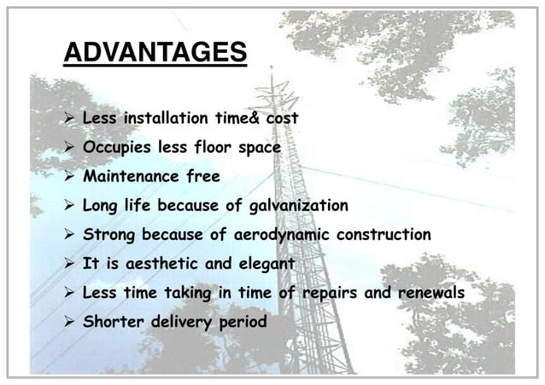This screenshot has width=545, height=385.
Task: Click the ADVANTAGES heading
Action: pyautogui.click(x=155, y=54)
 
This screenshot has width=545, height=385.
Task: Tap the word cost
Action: pyautogui.click(x=282, y=118)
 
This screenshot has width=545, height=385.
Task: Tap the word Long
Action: pyautogui.click(x=100, y=206)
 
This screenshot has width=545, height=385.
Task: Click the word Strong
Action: pyautogui.click(x=108, y=235)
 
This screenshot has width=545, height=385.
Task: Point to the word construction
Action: pyautogui.click(x=385, y=235)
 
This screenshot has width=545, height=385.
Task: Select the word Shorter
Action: pyautogui.click(x=111, y=322)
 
